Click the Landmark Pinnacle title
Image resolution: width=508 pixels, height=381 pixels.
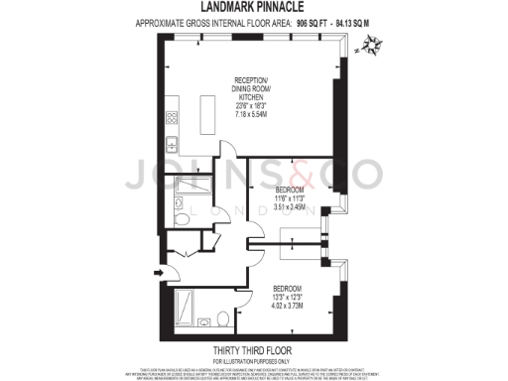tap(253, 9)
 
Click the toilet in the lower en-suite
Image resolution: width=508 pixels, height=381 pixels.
tap(203, 319)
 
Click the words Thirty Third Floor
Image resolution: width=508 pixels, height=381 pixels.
tap(253, 349)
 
